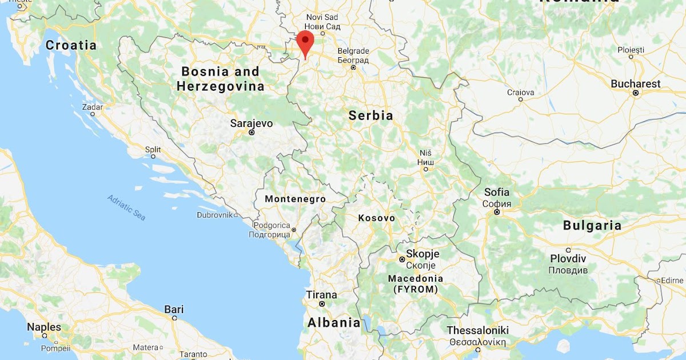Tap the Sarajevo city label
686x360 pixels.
(252, 123)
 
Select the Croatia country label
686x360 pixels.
(71, 45)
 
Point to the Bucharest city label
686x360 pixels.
(635, 84)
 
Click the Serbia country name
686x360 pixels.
(371, 116)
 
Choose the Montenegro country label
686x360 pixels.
(295, 199)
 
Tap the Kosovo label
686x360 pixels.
(376, 218)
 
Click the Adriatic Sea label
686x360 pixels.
(126, 207)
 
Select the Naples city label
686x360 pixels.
(44, 327)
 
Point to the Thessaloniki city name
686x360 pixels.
(477, 331)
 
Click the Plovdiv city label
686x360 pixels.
(568, 259)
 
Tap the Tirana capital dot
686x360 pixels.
(322, 304)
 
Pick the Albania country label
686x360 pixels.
(334, 322)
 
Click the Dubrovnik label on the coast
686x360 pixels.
(215, 215)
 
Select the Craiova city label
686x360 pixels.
(520, 92)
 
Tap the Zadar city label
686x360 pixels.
(92, 107)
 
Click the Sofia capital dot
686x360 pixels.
(497, 212)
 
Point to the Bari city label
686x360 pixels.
(174, 310)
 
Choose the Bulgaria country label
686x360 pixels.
(592, 226)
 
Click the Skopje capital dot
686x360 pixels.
(402, 259)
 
